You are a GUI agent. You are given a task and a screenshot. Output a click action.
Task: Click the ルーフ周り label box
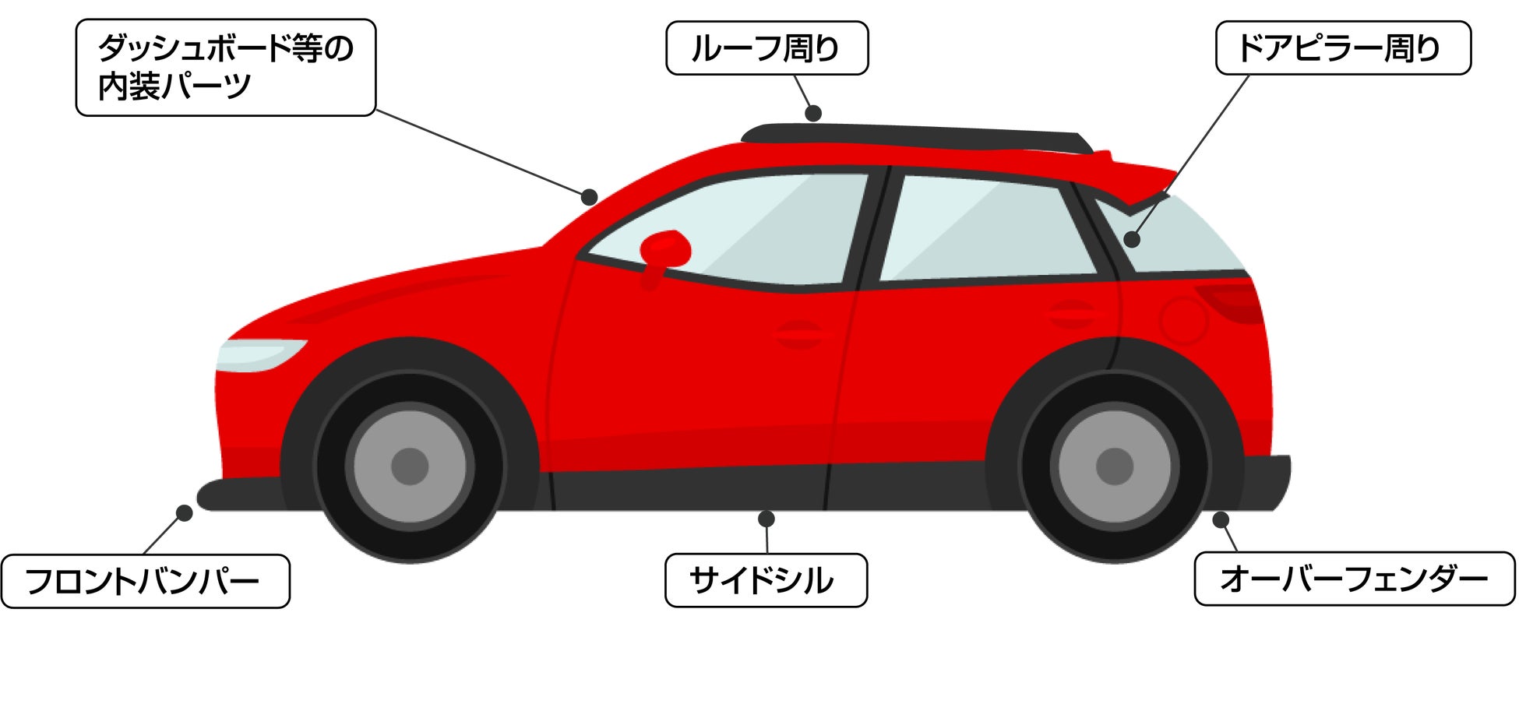pyautogui.click(x=767, y=48)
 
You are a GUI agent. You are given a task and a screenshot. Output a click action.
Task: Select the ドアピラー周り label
pyautogui.click(x=1342, y=48)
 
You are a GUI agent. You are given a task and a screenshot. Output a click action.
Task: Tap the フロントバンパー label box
pyautogui.click(x=145, y=581)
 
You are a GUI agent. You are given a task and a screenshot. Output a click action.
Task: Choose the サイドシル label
pyautogui.click(x=765, y=580)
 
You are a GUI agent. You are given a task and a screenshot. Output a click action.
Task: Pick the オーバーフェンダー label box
pyautogui.click(x=1354, y=579)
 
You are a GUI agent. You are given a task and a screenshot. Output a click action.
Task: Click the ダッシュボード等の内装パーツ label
pyautogui.click(x=226, y=68)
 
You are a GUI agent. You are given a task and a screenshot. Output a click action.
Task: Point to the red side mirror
pyautogui.click(x=665, y=248)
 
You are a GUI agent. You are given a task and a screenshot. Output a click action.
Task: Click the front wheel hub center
pyautogui.click(x=410, y=466)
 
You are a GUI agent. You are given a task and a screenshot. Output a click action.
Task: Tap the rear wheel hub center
pyautogui.click(x=1114, y=466)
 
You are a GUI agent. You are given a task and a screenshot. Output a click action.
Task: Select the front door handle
pyautogui.click(x=799, y=334)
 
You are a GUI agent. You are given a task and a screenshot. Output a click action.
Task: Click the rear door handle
pyautogui.click(x=1072, y=314)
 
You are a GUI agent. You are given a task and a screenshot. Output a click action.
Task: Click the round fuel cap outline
pyautogui.click(x=1182, y=320)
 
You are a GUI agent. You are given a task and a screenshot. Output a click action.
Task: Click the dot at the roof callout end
pyautogui.click(x=813, y=114)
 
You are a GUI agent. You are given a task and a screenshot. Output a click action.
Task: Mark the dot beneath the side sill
pyautogui.click(x=766, y=519)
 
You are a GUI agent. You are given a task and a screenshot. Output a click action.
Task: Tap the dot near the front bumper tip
pyautogui.click(x=185, y=513)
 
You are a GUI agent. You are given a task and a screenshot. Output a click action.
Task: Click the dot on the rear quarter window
pyautogui.click(x=1132, y=240)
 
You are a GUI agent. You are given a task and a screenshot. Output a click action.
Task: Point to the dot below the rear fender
pyautogui.click(x=1221, y=519)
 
